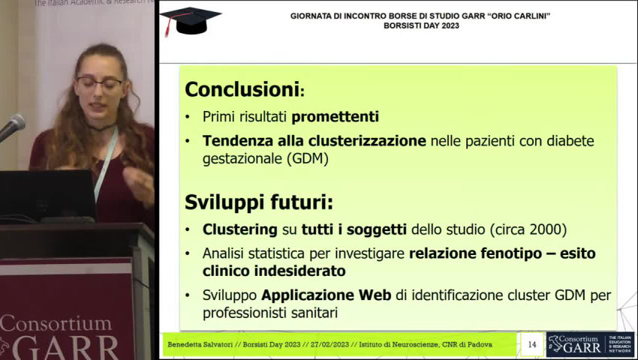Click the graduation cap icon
[191, 21]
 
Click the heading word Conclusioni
[242, 89]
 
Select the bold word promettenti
[336, 117]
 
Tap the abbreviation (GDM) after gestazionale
[307, 159]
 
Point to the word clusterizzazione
[367, 141]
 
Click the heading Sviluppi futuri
[259, 202]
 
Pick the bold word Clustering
[240, 229]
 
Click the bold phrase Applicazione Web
[326, 295]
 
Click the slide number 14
[532, 344]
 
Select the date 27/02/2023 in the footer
[330, 344]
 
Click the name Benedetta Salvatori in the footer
[200, 344]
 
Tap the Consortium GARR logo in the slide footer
[589, 344]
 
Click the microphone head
[16, 124]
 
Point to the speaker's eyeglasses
[100, 83]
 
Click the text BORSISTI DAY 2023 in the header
[421, 25]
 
